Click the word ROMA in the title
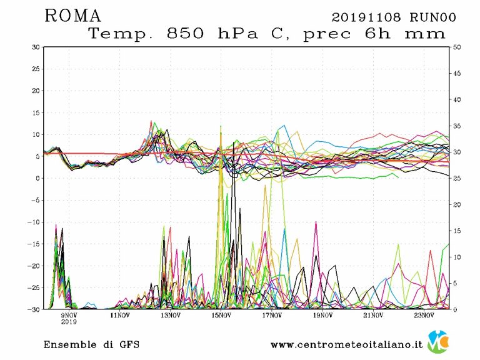coord(73,16)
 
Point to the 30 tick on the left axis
coord(36,47)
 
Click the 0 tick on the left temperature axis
coord(37,178)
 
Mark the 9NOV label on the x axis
coord(69,316)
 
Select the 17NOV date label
coord(272,316)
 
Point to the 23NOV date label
coord(424,316)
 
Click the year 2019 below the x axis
coord(69,323)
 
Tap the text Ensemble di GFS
coord(91,344)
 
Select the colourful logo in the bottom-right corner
coord(437,342)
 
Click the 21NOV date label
coord(373,316)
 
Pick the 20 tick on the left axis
coord(36,91)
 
